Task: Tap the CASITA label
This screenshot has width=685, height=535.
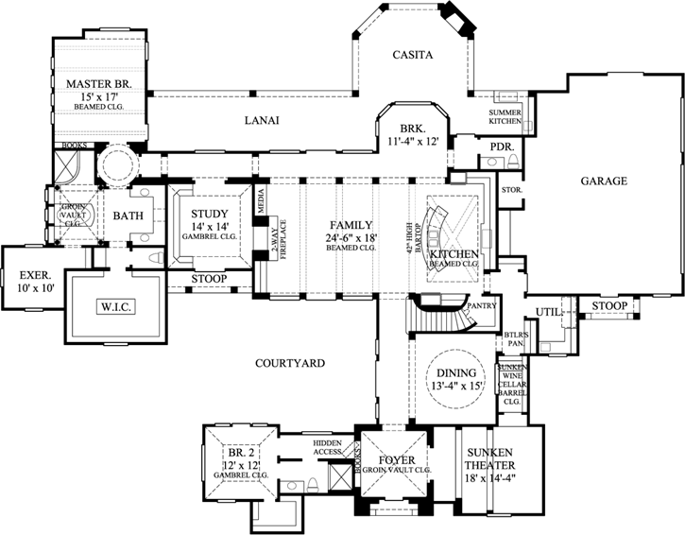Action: [x=413, y=56]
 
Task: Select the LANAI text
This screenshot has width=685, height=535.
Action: [x=260, y=119]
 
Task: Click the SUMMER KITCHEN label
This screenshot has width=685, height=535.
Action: [x=505, y=118]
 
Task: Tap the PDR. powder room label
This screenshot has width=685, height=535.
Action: [x=501, y=147]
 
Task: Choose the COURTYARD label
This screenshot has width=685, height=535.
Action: [x=290, y=363]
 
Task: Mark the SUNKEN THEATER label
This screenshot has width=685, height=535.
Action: [x=499, y=459]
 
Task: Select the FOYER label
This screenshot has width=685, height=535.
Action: [x=392, y=462]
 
